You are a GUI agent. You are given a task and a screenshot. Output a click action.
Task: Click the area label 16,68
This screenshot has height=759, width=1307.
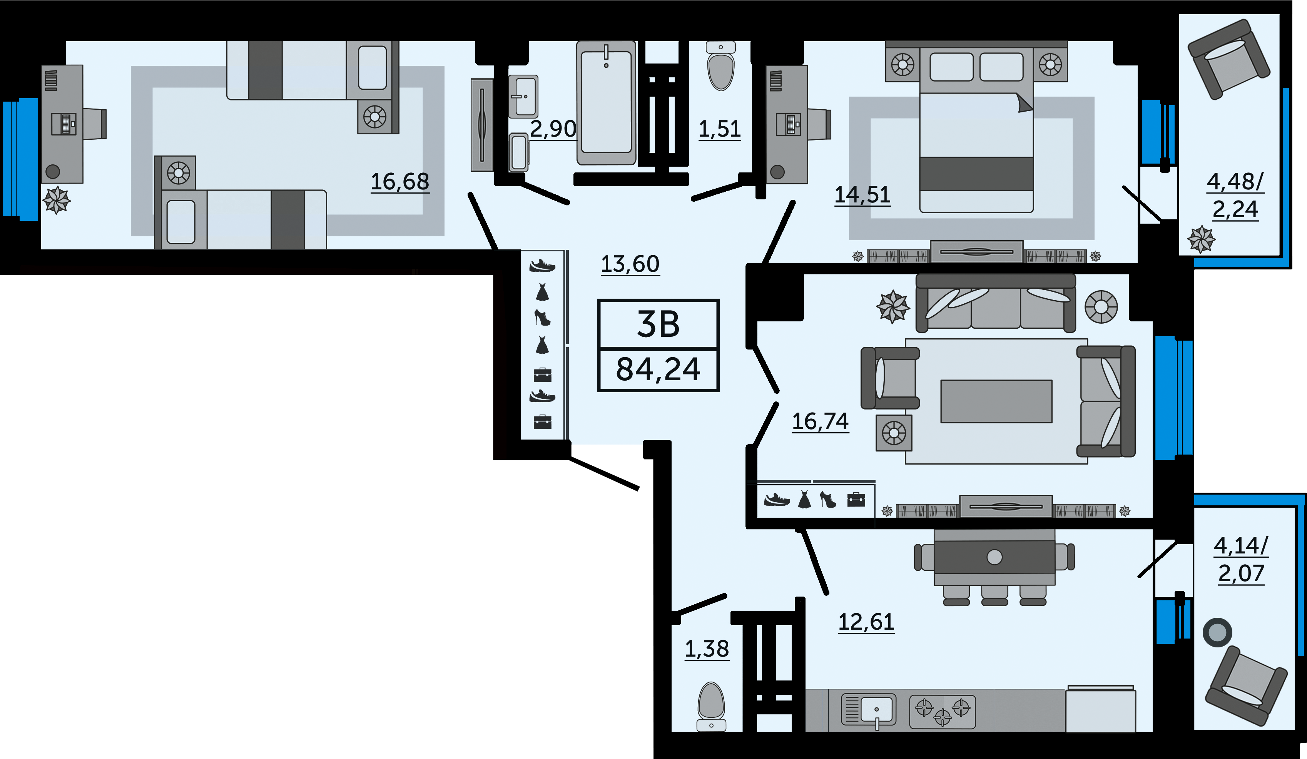point(400,182)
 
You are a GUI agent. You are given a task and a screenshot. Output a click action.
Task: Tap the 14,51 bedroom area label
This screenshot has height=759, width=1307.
point(862,196)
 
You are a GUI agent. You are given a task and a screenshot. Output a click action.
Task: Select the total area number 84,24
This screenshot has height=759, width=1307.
point(658,369)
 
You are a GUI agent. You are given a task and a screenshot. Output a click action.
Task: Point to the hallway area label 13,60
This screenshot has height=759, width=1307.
point(630,264)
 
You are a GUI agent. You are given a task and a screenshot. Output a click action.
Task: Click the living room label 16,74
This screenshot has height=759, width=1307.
point(821,422)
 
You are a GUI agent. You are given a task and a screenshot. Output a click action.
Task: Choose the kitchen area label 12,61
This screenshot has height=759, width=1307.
point(867,622)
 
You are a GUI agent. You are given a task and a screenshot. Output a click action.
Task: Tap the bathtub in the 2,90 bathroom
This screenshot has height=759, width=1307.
point(606,103)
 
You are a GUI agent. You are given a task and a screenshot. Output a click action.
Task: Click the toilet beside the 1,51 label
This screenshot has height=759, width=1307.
point(721,67)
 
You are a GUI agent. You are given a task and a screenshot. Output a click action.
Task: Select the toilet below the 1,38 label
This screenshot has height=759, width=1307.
point(711,707)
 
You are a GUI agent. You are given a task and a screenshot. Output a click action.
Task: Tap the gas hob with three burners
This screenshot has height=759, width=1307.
point(943,712)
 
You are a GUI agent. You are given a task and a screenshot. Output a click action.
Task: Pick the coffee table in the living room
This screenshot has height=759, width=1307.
point(996,401)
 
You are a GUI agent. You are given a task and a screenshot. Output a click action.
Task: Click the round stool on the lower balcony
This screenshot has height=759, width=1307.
point(1217,632)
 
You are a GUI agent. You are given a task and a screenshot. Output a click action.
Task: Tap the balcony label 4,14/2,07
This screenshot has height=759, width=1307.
point(1241,560)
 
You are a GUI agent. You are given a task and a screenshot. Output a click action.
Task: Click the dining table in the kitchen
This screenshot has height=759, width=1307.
point(994,557)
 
